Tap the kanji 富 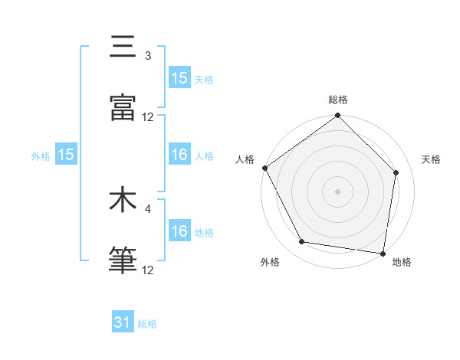click(123, 108)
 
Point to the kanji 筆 click(123, 260)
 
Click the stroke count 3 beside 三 click(148, 56)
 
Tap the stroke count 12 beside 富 click(148, 116)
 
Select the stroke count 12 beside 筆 click(148, 270)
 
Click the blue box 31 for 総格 click(123, 323)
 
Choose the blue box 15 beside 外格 click(66, 155)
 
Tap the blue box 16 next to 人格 click(179, 155)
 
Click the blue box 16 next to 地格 click(179, 232)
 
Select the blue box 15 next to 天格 click(179, 78)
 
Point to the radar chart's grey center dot click(337, 191)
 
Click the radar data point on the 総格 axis click(337, 116)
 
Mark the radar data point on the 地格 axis click(383, 253)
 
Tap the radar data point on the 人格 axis click(264, 168)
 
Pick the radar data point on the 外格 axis click(302, 242)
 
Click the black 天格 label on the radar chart click(431, 159)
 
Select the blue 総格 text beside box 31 click(147, 324)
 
